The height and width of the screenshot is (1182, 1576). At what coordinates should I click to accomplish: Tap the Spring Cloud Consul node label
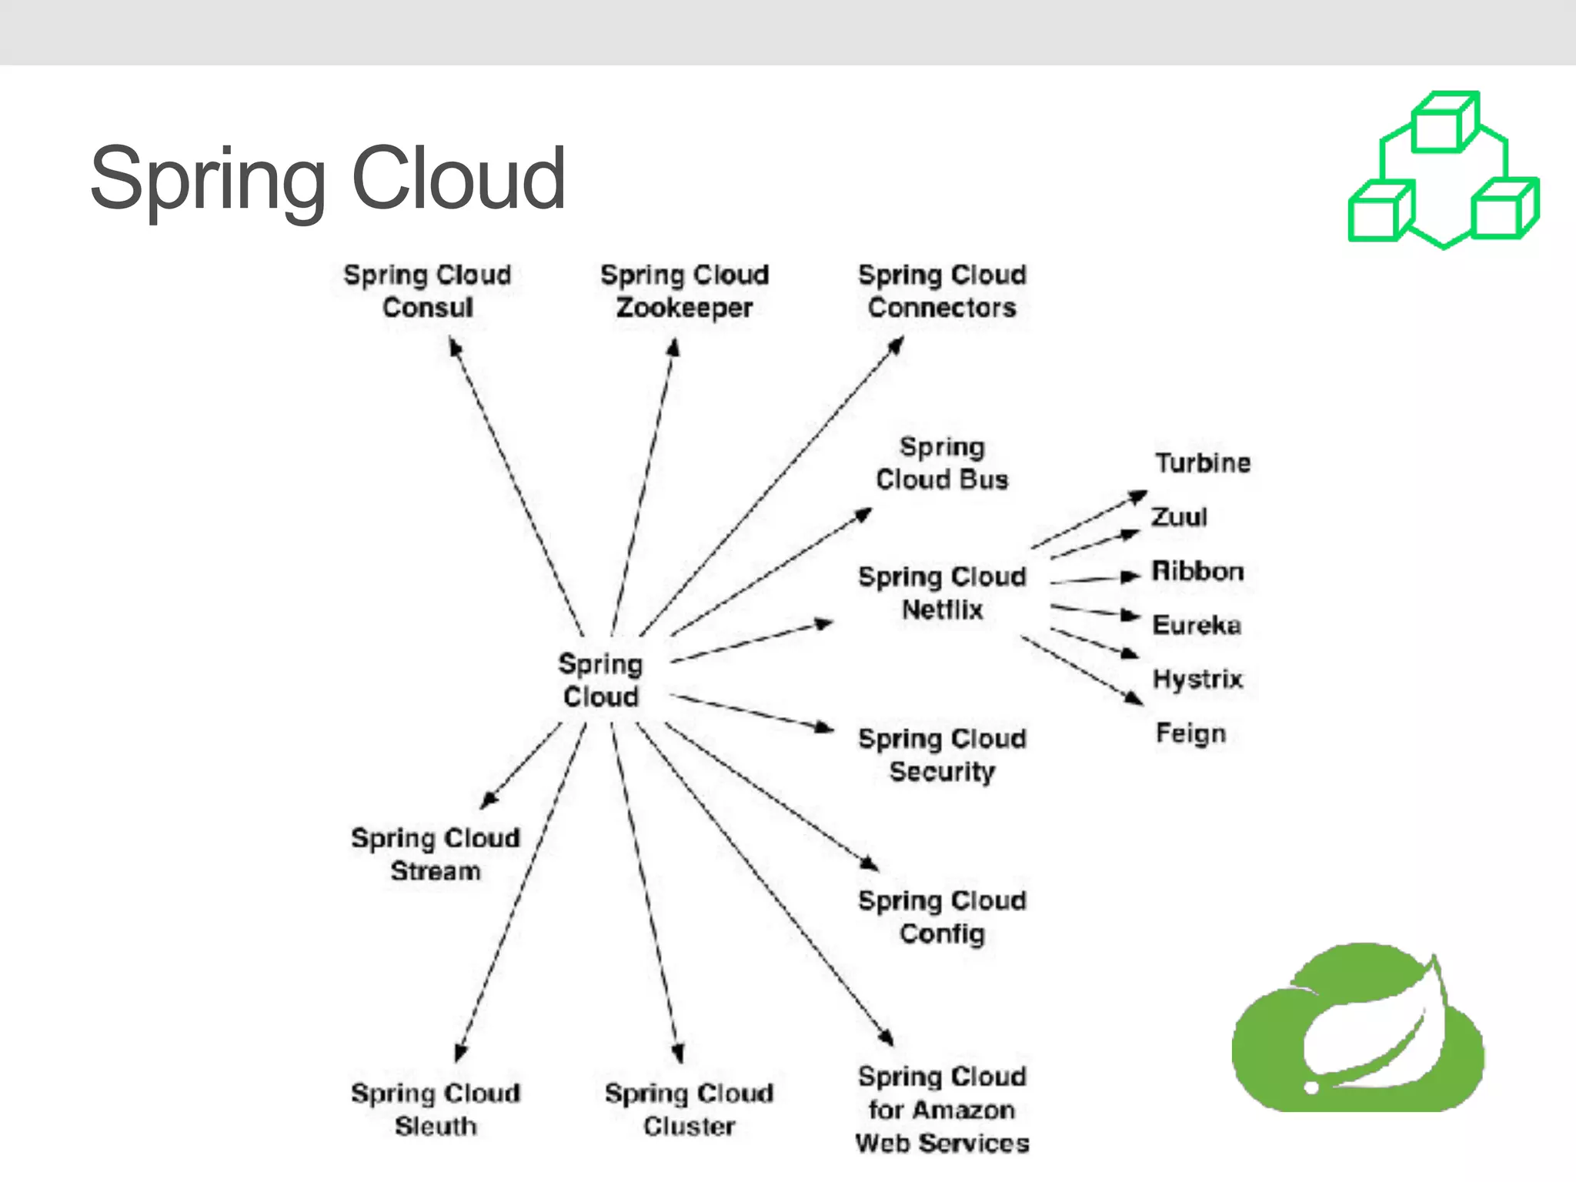(x=428, y=291)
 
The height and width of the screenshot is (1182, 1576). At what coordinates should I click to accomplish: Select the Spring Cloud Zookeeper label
(x=684, y=291)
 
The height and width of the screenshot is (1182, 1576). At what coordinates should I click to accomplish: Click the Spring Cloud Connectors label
(x=942, y=291)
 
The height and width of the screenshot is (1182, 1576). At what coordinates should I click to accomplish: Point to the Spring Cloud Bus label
(x=942, y=463)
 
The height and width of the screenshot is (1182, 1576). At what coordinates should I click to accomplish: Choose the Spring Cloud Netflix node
(x=942, y=593)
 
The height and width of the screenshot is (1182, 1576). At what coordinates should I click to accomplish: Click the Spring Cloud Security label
(x=942, y=755)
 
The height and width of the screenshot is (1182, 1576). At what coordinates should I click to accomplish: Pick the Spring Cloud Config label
(x=942, y=917)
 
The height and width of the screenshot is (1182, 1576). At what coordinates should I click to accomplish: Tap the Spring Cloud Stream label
(x=436, y=854)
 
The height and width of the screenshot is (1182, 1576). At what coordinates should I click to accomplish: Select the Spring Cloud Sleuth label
(x=436, y=1109)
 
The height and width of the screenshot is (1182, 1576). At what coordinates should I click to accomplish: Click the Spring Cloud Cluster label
(x=689, y=1109)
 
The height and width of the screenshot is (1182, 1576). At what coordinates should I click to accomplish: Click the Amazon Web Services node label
(x=942, y=1109)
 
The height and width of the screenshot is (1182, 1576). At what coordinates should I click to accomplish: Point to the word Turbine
(x=1203, y=463)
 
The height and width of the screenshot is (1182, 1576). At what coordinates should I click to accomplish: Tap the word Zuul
(x=1179, y=517)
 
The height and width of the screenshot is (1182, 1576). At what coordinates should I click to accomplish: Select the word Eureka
(x=1197, y=625)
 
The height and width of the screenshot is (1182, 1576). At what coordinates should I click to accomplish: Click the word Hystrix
(x=1197, y=679)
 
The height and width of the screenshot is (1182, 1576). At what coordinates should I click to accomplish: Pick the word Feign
(x=1190, y=733)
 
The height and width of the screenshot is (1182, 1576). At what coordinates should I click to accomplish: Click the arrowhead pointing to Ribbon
(x=1130, y=576)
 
